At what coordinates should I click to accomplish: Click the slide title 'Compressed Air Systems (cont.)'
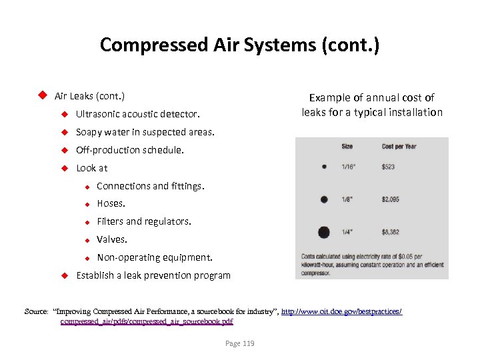coord(239,45)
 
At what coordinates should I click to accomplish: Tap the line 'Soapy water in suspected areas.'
coord(145,132)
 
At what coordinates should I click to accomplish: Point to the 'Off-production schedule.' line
coord(130,150)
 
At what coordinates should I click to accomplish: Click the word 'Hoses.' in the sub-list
coord(111,203)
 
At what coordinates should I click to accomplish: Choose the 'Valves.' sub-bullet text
coord(112,239)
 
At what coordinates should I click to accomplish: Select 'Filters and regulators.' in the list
coord(144,221)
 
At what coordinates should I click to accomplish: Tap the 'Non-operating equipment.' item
coord(155,257)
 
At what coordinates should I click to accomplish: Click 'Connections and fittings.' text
coord(151,186)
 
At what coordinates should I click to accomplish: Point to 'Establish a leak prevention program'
coord(153,275)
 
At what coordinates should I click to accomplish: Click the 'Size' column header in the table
coord(347,147)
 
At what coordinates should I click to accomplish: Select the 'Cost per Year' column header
coord(399,147)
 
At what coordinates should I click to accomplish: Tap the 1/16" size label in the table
coord(349,167)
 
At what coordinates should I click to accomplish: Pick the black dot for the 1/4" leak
coord(324,232)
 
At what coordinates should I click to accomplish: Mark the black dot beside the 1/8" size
coord(324,199)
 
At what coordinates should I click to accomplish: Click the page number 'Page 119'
coord(240,343)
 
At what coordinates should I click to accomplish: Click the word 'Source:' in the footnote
coord(36,311)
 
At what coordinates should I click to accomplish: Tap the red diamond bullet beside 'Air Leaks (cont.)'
coord(41,95)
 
